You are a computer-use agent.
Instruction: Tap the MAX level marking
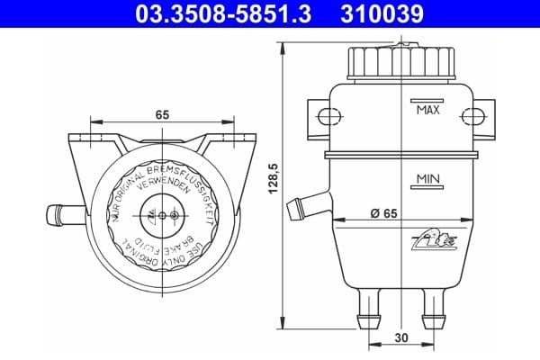[427, 111]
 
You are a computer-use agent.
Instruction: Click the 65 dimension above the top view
[162, 115]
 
